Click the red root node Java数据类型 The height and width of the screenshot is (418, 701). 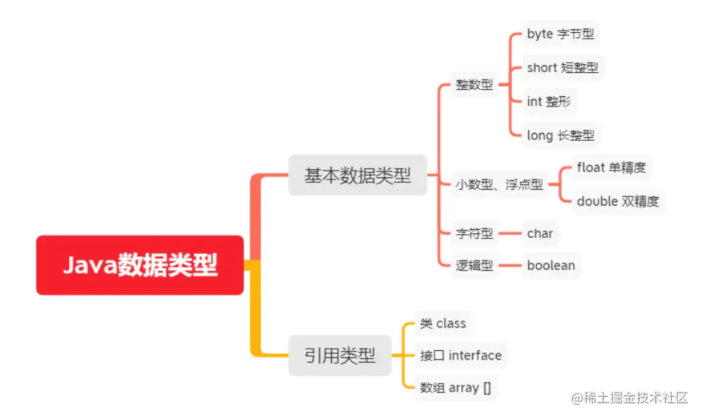pos(139,265)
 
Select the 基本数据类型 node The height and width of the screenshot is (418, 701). pos(357,175)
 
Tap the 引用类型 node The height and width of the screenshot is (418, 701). pos(339,356)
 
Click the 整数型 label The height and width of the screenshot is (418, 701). pos(474,85)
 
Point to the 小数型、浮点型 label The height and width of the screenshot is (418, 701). pos(499,185)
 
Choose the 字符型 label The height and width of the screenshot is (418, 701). pos(474,233)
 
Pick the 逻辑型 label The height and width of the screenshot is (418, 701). pos(474,266)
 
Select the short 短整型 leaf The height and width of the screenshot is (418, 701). pos(562,68)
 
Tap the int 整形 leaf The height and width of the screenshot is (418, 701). pos(549,101)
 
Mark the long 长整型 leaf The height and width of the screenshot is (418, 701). pos(560,135)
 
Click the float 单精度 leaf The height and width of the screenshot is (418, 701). pos(611,168)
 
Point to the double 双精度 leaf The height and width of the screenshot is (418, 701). pos(619,201)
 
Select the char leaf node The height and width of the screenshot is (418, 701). pos(540,233)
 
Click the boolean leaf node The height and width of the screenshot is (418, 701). pos(551,266)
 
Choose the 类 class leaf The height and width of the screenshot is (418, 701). pos(443,323)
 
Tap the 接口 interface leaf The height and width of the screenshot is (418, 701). pos(460,355)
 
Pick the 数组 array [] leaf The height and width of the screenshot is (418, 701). pos(455,387)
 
